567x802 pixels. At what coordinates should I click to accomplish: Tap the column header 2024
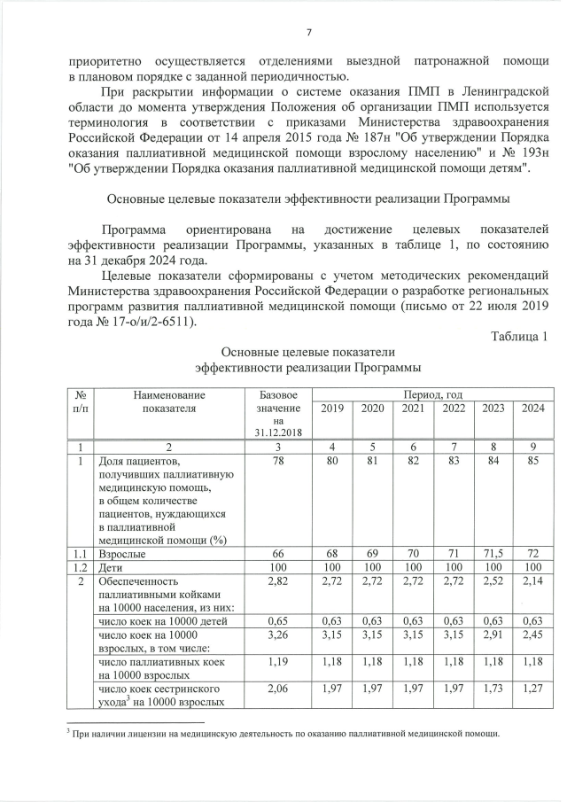coord(532,409)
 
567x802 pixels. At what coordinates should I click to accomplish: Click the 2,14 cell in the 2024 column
coord(532,581)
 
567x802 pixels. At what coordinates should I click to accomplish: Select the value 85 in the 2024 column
coord(532,461)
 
